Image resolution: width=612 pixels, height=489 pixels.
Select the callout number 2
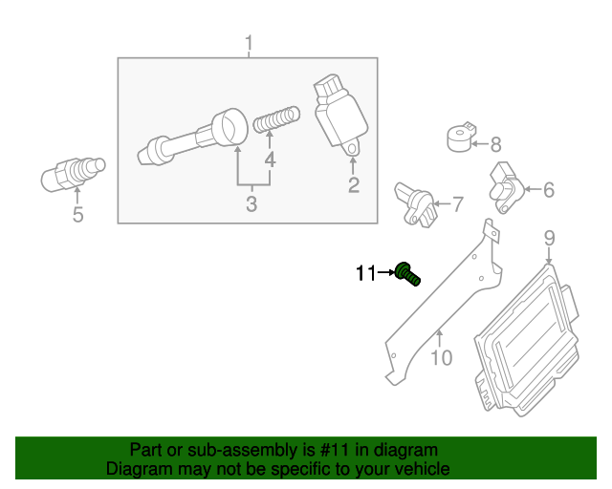(x=353, y=185)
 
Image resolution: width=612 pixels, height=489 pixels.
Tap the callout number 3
(x=251, y=203)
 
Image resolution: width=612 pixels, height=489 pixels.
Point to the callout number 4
(x=271, y=159)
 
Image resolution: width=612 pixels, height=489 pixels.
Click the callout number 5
(x=77, y=215)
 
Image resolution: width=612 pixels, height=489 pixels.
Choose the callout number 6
(x=548, y=190)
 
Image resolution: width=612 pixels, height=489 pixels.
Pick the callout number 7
(x=456, y=202)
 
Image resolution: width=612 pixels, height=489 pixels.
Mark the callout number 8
(x=495, y=145)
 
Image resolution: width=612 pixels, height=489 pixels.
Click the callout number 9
(x=549, y=237)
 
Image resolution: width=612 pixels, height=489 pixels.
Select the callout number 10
(x=441, y=358)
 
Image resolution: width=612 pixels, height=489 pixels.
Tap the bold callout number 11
(x=364, y=274)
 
